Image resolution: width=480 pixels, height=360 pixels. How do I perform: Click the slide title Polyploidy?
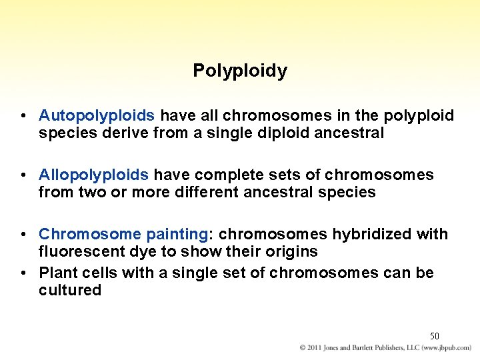point(240,71)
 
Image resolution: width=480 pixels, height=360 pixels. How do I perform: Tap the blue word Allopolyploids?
point(94,175)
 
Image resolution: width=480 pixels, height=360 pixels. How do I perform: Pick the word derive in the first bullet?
point(117,133)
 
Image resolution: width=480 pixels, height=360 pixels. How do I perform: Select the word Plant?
point(58,273)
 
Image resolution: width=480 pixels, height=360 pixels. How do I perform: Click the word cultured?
point(70,291)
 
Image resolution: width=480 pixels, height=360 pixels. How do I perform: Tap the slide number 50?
point(434,336)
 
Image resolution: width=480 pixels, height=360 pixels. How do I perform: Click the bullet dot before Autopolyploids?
point(23,117)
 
